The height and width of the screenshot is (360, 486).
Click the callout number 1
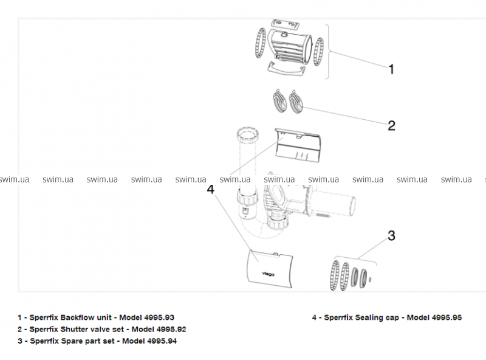(391, 69)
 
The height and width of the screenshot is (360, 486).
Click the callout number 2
(391, 126)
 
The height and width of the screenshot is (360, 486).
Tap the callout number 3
(392, 235)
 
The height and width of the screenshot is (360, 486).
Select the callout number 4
(211, 189)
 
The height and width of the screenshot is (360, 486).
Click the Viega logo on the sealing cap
(268, 274)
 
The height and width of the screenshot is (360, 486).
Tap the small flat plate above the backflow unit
(286, 23)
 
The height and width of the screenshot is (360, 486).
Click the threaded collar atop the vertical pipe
(247, 134)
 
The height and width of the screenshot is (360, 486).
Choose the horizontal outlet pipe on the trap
(340, 204)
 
